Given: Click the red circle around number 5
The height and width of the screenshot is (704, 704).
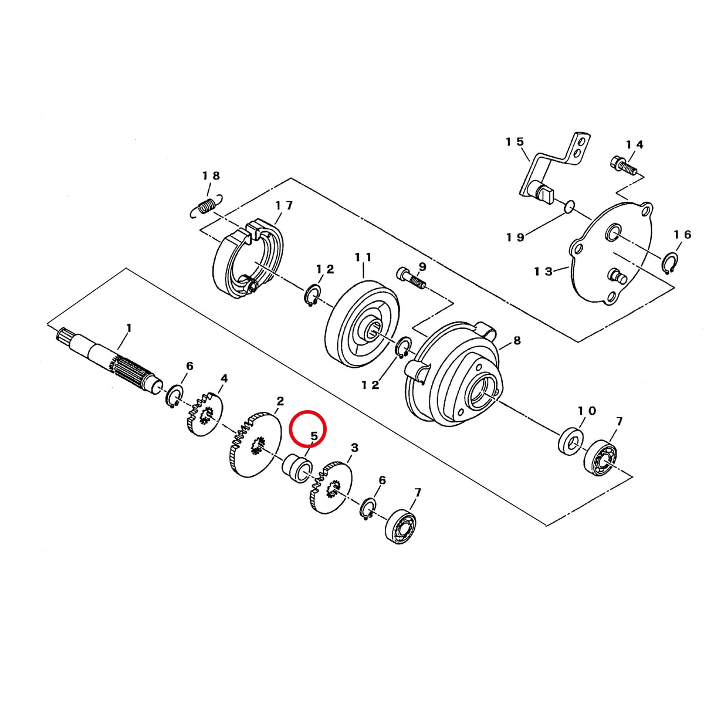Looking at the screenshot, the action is (x=307, y=411).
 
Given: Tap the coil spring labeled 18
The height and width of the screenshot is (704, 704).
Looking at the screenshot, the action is (x=207, y=206).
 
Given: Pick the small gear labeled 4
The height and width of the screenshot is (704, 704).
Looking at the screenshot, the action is (x=205, y=414).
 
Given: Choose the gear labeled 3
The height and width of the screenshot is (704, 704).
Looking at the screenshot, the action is (x=331, y=487).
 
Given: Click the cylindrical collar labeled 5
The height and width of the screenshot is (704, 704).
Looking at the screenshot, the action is (x=297, y=469).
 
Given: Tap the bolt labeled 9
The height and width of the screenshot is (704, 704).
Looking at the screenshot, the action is (x=411, y=279).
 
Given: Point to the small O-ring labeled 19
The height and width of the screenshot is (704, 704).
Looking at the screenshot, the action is (x=569, y=207).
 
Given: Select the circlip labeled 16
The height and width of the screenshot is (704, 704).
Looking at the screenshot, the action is (x=670, y=263).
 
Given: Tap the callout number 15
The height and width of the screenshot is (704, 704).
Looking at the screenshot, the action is (x=515, y=141).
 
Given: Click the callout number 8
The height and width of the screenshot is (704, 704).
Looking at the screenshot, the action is (x=517, y=340).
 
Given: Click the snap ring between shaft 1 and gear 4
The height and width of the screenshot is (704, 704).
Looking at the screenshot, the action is (x=174, y=396).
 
